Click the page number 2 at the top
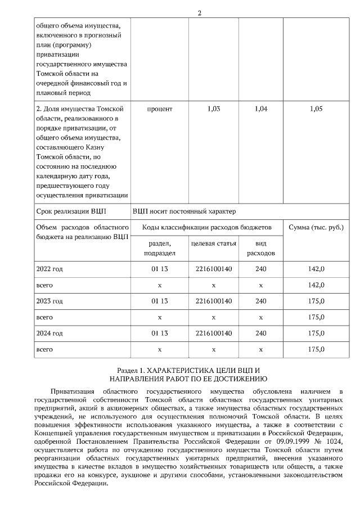(199, 12)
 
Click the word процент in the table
(160, 109)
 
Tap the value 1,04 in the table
(261, 109)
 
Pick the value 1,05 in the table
(316, 109)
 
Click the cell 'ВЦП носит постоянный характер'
(184, 211)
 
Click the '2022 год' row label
(49, 269)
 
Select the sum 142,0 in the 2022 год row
(316, 269)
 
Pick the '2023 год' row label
(49, 301)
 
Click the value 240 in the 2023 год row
(261, 301)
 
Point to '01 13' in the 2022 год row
(160, 269)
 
